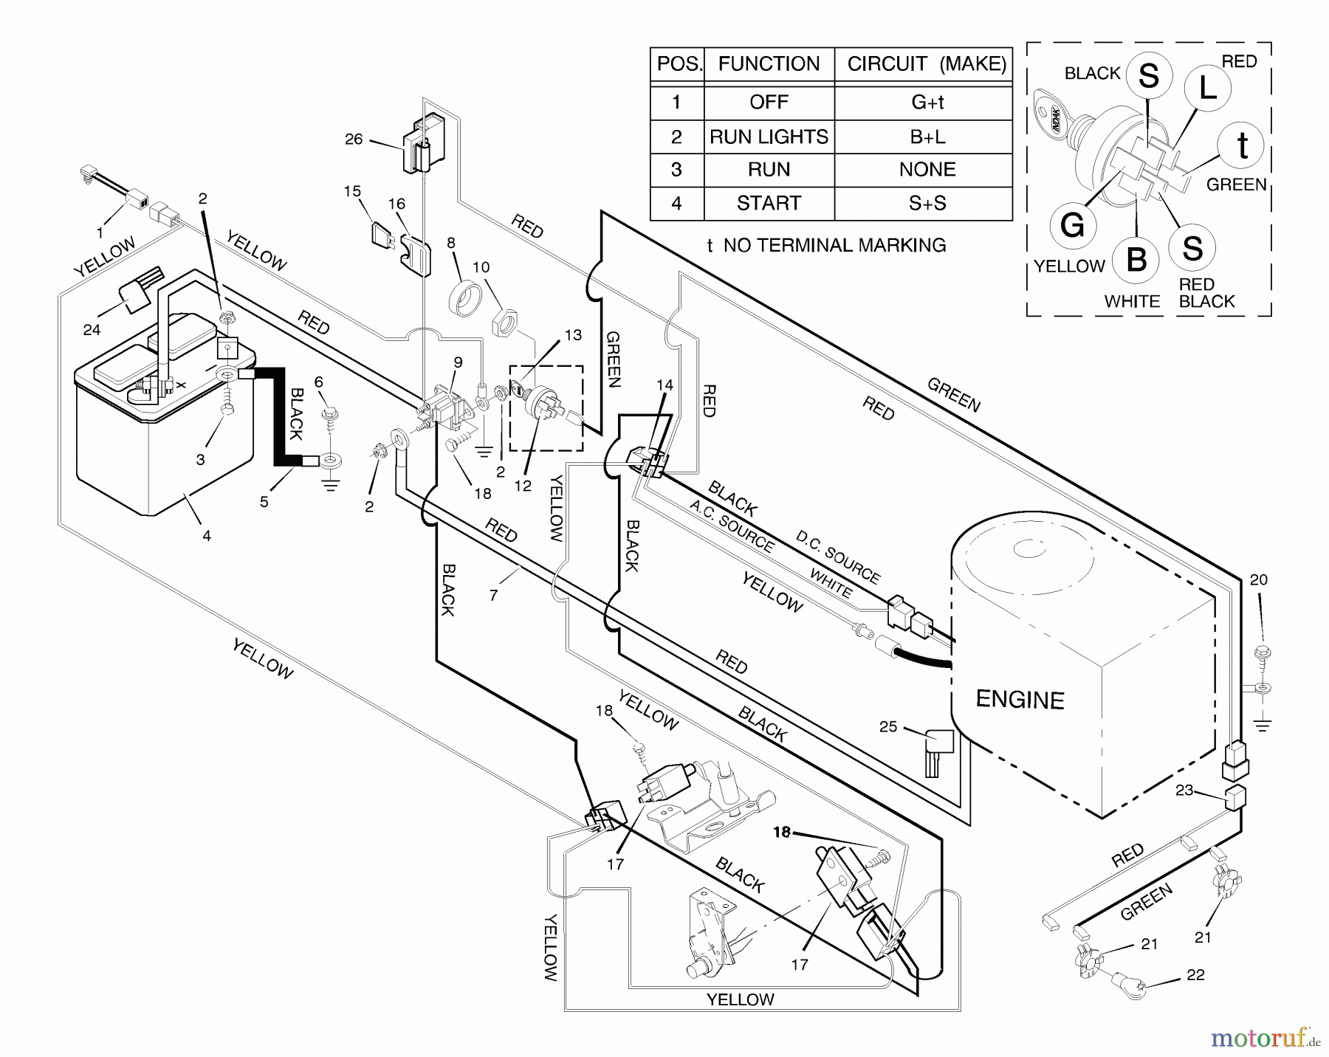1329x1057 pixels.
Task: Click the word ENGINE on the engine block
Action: pos(1020,700)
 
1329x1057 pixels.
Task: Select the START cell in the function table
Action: pos(769,203)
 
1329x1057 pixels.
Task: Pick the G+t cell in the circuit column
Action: pos(927,102)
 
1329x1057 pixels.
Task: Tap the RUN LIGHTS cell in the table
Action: pos(769,137)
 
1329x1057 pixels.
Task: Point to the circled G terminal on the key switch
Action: pos(1072,224)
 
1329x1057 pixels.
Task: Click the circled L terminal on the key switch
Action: pos(1207,89)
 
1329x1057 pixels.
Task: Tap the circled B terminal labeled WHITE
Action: pos(1136,259)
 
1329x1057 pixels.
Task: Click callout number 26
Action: pos(354,139)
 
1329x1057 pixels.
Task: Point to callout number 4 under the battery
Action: pos(207,536)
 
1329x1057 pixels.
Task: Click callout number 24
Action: pos(92,330)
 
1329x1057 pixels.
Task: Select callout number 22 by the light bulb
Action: pos(1195,975)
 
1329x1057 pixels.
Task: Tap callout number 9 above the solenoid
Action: pos(458,362)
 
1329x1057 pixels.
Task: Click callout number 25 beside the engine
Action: pos(887,726)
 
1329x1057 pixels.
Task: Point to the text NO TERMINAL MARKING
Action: pos(834,245)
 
